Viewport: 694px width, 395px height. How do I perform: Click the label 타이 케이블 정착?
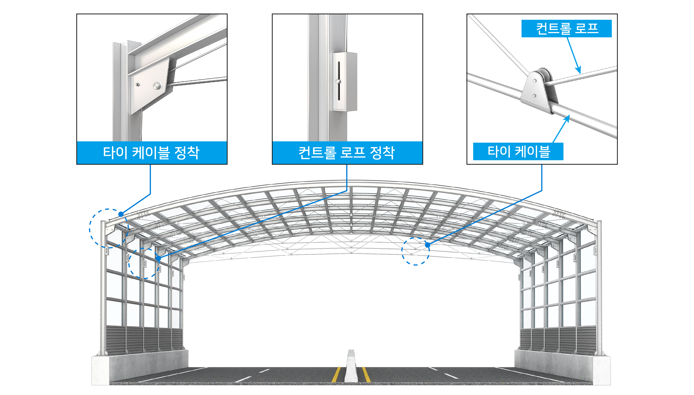[151, 152]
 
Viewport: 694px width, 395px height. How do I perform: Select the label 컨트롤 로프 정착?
[347, 152]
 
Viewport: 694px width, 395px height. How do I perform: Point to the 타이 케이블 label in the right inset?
[519, 151]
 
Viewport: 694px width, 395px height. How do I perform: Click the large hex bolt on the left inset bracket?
[157, 86]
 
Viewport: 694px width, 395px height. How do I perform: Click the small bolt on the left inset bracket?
[138, 85]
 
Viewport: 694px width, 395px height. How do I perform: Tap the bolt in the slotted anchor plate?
[338, 81]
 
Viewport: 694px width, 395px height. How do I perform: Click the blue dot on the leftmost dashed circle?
[121, 214]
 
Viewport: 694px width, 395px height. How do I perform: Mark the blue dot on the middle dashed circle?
[158, 258]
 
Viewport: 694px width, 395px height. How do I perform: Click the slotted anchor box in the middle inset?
[345, 82]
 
